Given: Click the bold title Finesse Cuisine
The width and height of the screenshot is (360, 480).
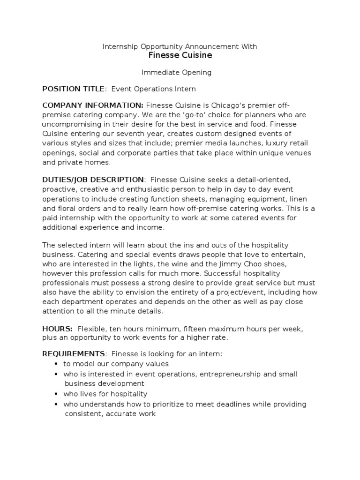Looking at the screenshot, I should coord(180,56).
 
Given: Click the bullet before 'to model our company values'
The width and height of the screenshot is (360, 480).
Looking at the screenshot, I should coord(56,364).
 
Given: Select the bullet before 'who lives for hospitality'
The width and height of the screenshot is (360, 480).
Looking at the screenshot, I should coord(56,394).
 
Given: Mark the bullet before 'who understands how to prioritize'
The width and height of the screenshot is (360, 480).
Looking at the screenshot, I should coord(56,404).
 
